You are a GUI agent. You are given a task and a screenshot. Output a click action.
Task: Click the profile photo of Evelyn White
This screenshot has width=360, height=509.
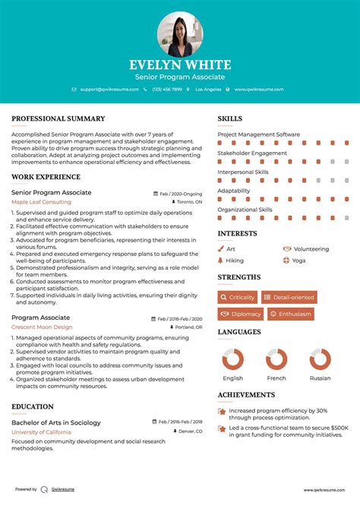tap(180, 34)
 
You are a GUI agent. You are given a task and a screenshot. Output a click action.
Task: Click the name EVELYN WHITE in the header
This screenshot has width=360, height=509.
tap(180, 65)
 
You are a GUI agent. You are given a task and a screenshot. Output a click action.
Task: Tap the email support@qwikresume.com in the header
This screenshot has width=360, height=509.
tap(109, 90)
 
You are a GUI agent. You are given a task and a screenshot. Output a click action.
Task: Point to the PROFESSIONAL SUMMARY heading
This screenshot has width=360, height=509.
tap(58, 119)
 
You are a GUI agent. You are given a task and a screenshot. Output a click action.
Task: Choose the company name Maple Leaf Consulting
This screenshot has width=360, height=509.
tap(41, 203)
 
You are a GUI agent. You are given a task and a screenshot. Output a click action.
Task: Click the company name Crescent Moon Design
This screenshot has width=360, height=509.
tap(42, 327)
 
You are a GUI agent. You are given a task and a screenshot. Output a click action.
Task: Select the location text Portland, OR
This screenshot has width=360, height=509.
tap(188, 327)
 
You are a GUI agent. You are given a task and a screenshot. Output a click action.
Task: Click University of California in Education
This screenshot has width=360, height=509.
tap(42, 432)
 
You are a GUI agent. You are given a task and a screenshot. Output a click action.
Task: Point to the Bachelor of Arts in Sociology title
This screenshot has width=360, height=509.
tap(57, 422)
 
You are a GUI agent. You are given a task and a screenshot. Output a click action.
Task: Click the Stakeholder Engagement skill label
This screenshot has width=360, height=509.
tap(252, 153)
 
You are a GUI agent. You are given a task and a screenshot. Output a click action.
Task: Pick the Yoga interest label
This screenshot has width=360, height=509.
tap(298, 260)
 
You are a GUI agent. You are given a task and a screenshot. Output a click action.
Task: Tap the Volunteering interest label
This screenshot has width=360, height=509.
tap(311, 248)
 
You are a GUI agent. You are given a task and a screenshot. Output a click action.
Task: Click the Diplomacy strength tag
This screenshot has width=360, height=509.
tap(241, 314)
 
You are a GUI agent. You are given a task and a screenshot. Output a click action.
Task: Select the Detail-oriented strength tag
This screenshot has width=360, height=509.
tap(292, 297)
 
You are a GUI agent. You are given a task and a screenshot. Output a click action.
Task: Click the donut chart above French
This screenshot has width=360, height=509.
tap(276, 359)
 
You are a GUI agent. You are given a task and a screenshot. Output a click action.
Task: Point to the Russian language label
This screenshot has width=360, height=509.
tap(320, 378)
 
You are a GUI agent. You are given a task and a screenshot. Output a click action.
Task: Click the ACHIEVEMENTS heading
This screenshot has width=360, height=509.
tap(246, 395)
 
